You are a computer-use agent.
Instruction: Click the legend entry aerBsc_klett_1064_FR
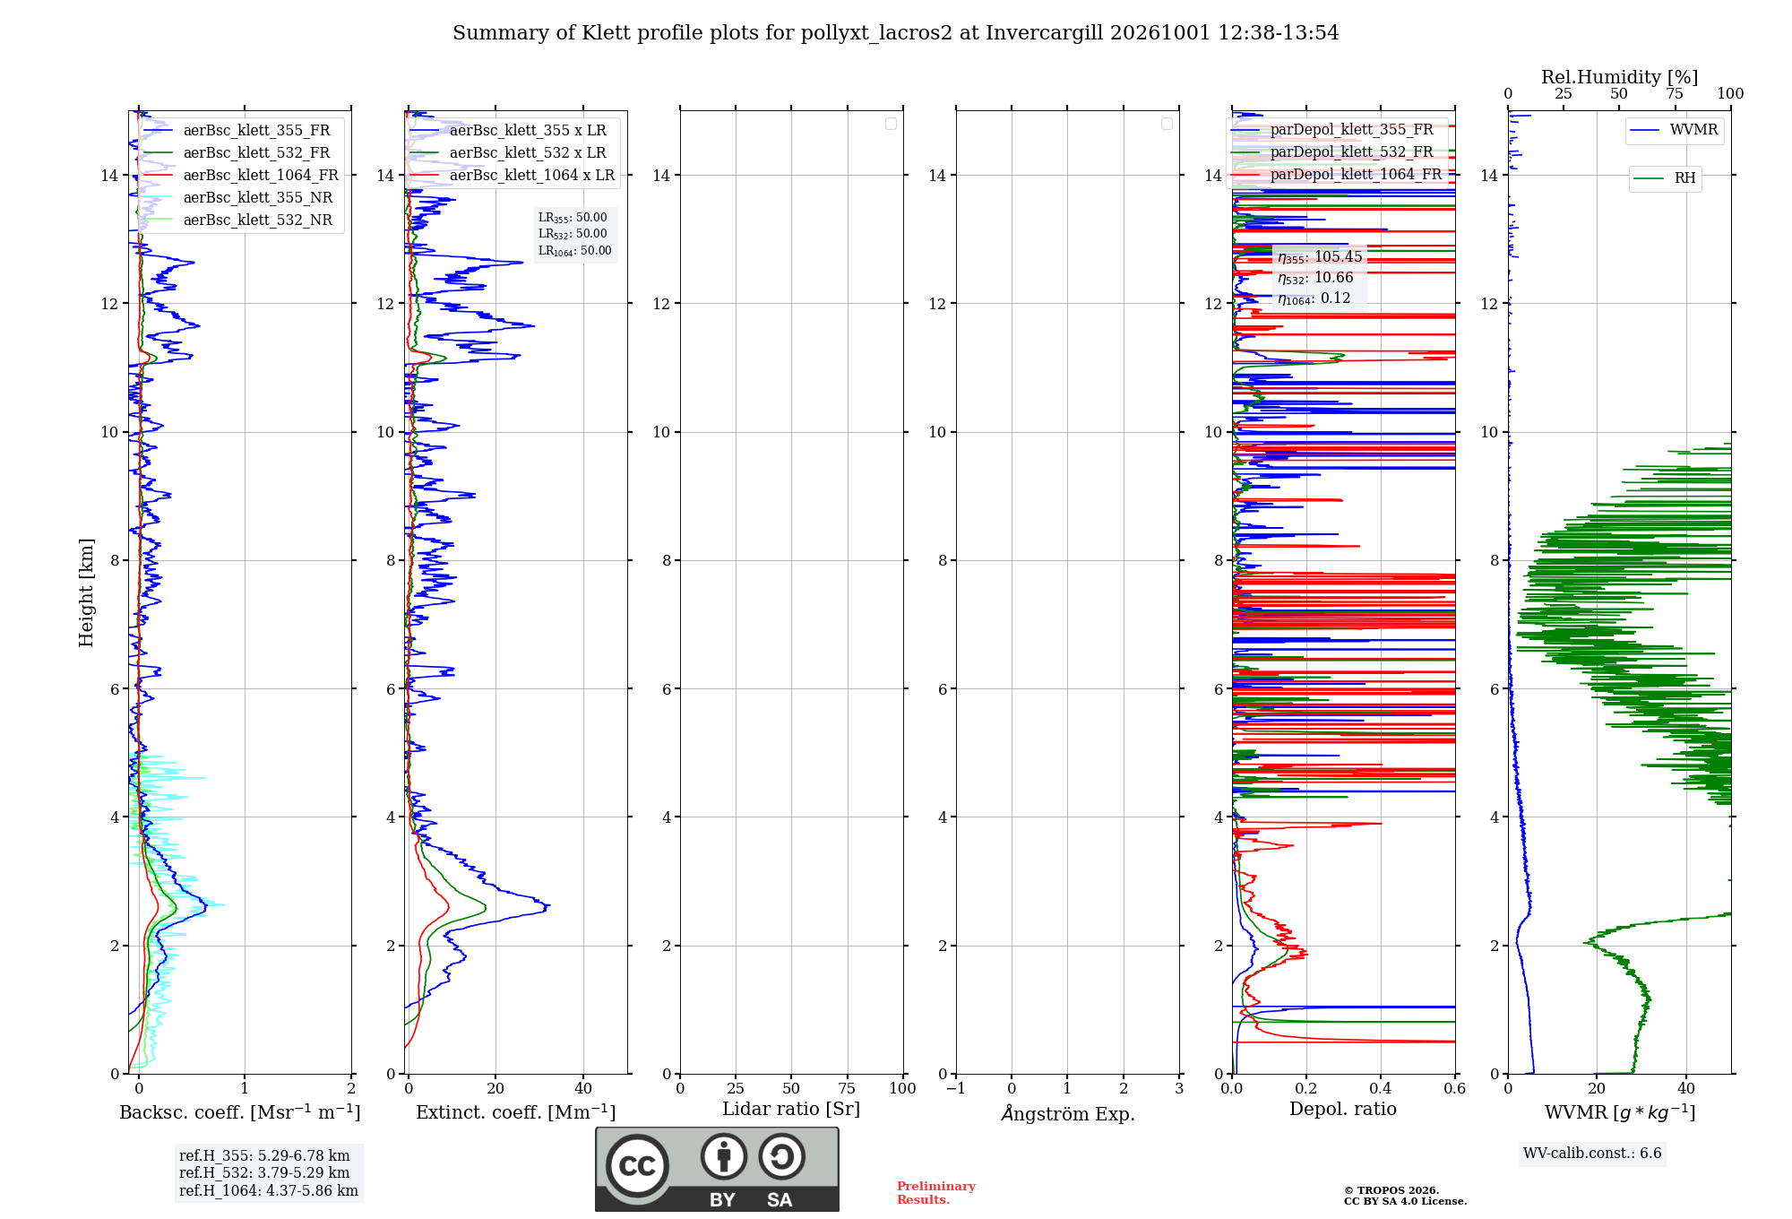[x=241, y=176]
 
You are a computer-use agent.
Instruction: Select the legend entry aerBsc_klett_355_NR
[x=238, y=198]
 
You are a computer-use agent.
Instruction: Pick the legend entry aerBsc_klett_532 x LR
[x=508, y=153]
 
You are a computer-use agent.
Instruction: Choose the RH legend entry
[x=1665, y=178]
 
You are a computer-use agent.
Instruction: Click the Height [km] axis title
[x=86, y=592]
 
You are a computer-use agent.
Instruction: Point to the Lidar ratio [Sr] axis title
[x=791, y=1110]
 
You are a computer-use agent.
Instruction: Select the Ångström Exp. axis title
[x=1068, y=1113]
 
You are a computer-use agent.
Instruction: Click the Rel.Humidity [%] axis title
[x=1619, y=77]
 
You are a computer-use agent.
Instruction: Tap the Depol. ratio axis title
[x=1343, y=1110]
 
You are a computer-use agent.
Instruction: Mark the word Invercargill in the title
[x=1044, y=33]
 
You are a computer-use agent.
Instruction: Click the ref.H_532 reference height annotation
[x=264, y=1172]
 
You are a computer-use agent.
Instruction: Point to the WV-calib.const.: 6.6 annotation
[x=1592, y=1154]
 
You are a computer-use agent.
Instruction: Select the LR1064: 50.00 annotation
[x=575, y=251]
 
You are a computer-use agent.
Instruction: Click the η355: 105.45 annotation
[x=1320, y=257]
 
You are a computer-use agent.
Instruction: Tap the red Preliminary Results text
[x=936, y=1193]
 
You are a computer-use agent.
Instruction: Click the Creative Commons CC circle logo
[x=637, y=1166]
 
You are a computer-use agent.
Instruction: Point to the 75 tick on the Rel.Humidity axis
[x=1674, y=93]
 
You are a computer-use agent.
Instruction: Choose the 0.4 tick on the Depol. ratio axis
[x=1381, y=1088]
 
